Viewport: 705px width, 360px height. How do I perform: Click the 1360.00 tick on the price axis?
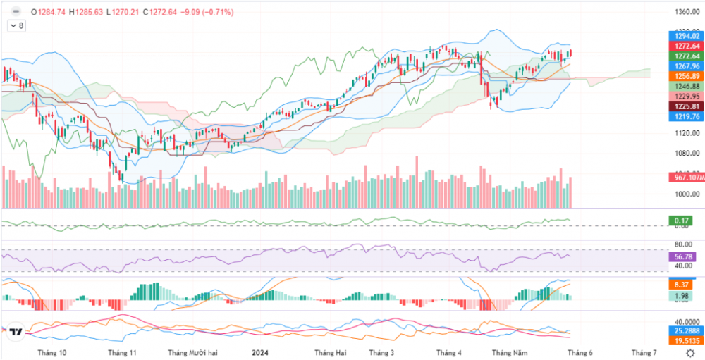pyautogui.click(x=686, y=12)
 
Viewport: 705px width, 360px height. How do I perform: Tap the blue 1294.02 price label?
pyautogui.click(x=686, y=35)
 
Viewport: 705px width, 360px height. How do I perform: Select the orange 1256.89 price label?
pyautogui.click(x=686, y=76)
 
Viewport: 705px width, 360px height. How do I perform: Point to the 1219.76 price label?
pyautogui.click(x=686, y=116)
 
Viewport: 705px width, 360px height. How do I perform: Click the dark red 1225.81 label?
pyautogui.click(x=686, y=106)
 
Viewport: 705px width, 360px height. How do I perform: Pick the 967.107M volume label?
pyautogui.click(x=685, y=177)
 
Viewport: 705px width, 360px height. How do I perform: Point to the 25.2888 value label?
pyautogui.click(x=685, y=330)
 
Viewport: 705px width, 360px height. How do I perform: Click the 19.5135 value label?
pyautogui.click(x=685, y=340)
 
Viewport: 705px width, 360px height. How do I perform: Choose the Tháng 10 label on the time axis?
pyautogui.click(x=52, y=352)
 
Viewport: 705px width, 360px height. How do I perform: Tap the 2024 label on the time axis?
pyautogui.click(x=260, y=352)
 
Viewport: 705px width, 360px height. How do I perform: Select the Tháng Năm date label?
pyautogui.click(x=510, y=352)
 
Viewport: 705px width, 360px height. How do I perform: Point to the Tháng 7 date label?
pyautogui.click(x=644, y=352)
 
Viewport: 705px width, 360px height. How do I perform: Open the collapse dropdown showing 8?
pyautogui.click(x=16, y=25)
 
